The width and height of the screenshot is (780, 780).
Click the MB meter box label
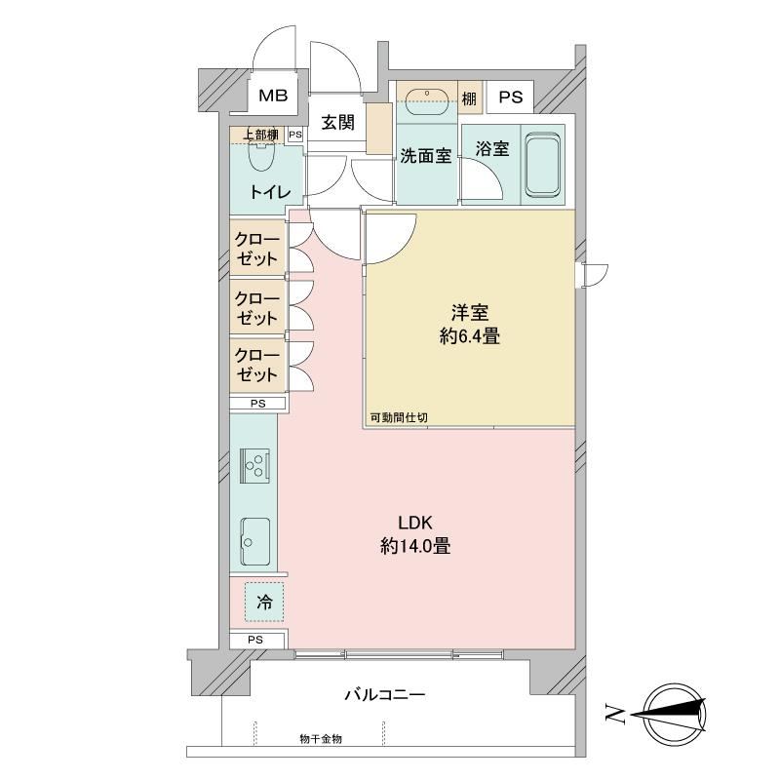point(273,95)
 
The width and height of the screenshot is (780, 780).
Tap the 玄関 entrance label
point(337,123)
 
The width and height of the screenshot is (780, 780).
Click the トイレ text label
point(270,191)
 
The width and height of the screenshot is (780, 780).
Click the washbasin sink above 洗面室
point(427,102)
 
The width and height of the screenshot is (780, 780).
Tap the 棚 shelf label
point(469,98)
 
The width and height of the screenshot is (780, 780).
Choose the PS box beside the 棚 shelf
point(510,97)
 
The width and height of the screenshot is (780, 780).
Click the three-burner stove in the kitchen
point(255,466)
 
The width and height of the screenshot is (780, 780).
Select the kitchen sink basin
point(255,541)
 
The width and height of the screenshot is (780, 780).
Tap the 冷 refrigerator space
point(264,602)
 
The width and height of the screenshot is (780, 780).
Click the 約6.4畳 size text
point(470,337)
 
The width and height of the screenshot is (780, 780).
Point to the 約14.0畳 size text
point(415,547)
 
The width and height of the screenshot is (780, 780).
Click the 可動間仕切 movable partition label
point(399,418)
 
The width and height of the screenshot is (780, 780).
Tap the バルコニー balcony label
point(385,694)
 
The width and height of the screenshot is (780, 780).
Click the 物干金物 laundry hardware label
point(321,739)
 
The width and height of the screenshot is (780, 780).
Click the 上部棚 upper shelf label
point(260,135)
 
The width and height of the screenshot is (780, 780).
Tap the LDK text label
point(415,523)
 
